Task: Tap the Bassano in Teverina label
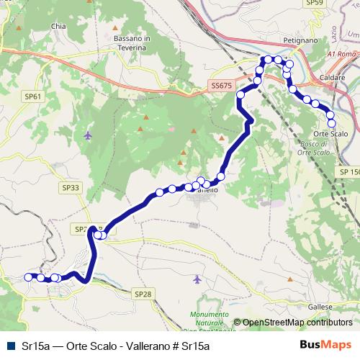pyautogui.click(x=132, y=42)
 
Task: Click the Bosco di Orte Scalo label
pyautogui.click(x=332, y=148)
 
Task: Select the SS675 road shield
pyautogui.click(x=222, y=85)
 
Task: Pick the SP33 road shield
pyautogui.click(x=71, y=187)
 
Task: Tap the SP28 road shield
pyautogui.click(x=143, y=293)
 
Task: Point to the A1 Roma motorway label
pyautogui.click(x=341, y=54)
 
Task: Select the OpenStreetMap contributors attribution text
pyautogui.click(x=297, y=323)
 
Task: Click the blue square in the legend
pyautogui.click(x=9, y=346)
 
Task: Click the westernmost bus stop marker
pyautogui.click(x=29, y=276)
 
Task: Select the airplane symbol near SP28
pyautogui.click(x=198, y=279)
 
